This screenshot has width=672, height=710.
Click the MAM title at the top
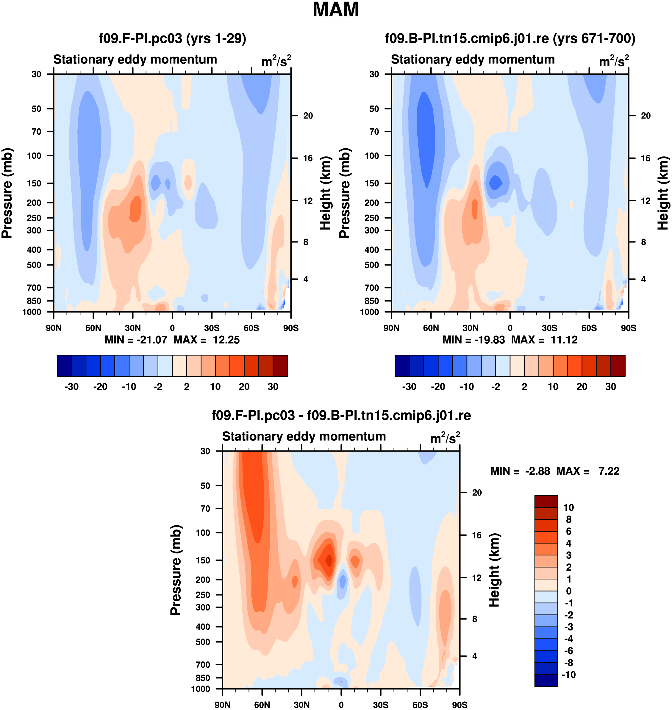[336, 10]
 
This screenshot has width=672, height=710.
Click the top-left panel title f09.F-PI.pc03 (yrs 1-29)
[172, 38]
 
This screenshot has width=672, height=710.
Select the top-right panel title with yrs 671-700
[510, 38]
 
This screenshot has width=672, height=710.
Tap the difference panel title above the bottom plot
[341, 415]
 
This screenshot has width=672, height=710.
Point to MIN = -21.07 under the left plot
[136, 340]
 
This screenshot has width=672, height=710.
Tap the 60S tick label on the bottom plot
[420, 705]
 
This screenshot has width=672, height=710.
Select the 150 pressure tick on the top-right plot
[374, 183]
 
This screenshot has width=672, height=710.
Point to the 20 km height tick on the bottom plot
[477, 493]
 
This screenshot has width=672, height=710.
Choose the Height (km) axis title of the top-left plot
[325, 193]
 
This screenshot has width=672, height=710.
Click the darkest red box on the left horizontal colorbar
[280, 366]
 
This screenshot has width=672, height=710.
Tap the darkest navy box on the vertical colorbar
[546, 680]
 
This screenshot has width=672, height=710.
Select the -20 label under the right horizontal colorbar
[438, 387]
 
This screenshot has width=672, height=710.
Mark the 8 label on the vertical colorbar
[568, 519]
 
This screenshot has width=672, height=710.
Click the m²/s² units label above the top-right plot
[614, 61]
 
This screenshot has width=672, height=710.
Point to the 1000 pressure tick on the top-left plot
[32, 312]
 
